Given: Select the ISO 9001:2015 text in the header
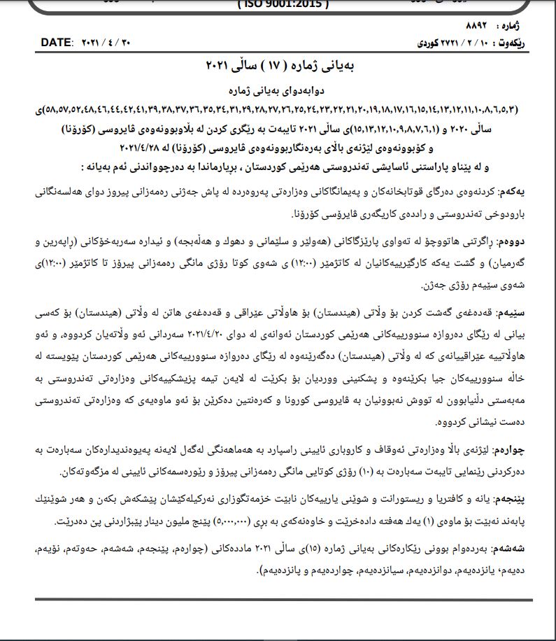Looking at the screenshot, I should (283, 5).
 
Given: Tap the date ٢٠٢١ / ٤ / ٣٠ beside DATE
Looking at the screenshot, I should (106, 43).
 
